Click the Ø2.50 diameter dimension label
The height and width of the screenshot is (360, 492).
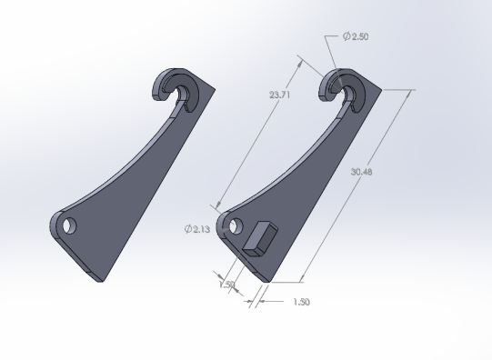point(356,36)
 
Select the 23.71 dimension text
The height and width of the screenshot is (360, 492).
point(281,95)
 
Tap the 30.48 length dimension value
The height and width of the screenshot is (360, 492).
point(361,172)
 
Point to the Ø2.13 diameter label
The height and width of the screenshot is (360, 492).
point(197,229)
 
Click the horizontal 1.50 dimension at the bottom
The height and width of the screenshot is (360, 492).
point(300,302)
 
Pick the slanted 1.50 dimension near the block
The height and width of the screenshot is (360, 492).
point(226,285)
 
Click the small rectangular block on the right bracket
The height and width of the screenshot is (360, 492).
point(259,239)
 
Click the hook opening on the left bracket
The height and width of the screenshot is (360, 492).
point(186,94)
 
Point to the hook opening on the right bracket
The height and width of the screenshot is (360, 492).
point(350,94)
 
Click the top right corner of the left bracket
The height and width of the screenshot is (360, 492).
point(216,90)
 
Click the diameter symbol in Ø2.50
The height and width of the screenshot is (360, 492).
point(346,36)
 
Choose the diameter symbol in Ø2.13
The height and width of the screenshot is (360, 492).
point(187,229)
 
